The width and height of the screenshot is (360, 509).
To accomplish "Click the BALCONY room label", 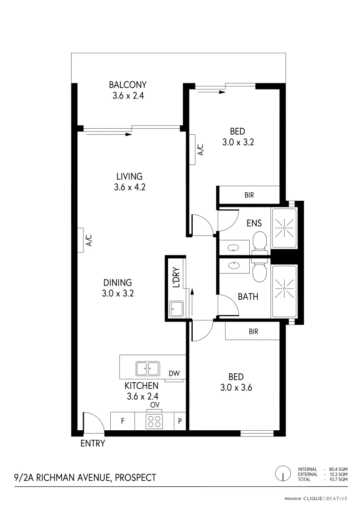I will click(128, 85).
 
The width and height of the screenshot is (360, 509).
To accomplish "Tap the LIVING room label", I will click(129, 177).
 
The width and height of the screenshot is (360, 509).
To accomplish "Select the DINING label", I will click(118, 283).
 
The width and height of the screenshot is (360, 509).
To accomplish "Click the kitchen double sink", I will click(148, 368).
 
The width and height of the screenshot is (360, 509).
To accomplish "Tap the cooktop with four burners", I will click(154, 421).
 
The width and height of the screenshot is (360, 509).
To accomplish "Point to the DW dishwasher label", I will click(174, 374).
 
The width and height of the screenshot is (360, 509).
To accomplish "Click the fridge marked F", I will click(123, 421).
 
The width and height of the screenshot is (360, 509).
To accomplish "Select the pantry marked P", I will click(180, 421).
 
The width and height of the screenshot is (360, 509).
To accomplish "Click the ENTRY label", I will click(92, 443).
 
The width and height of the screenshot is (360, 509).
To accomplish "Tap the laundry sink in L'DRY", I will click(177, 309).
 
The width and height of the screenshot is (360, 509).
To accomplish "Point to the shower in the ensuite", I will click(284, 228).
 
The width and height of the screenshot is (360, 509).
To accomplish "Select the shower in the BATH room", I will click(284, 286).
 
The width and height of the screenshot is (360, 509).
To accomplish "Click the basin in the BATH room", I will click(234, 265).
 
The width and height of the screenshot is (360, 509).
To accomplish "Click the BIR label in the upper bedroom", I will click(249, 194).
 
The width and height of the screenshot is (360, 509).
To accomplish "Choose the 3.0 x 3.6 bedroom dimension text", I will click(236, 388).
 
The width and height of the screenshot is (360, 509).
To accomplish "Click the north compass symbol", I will click(283, 473).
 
